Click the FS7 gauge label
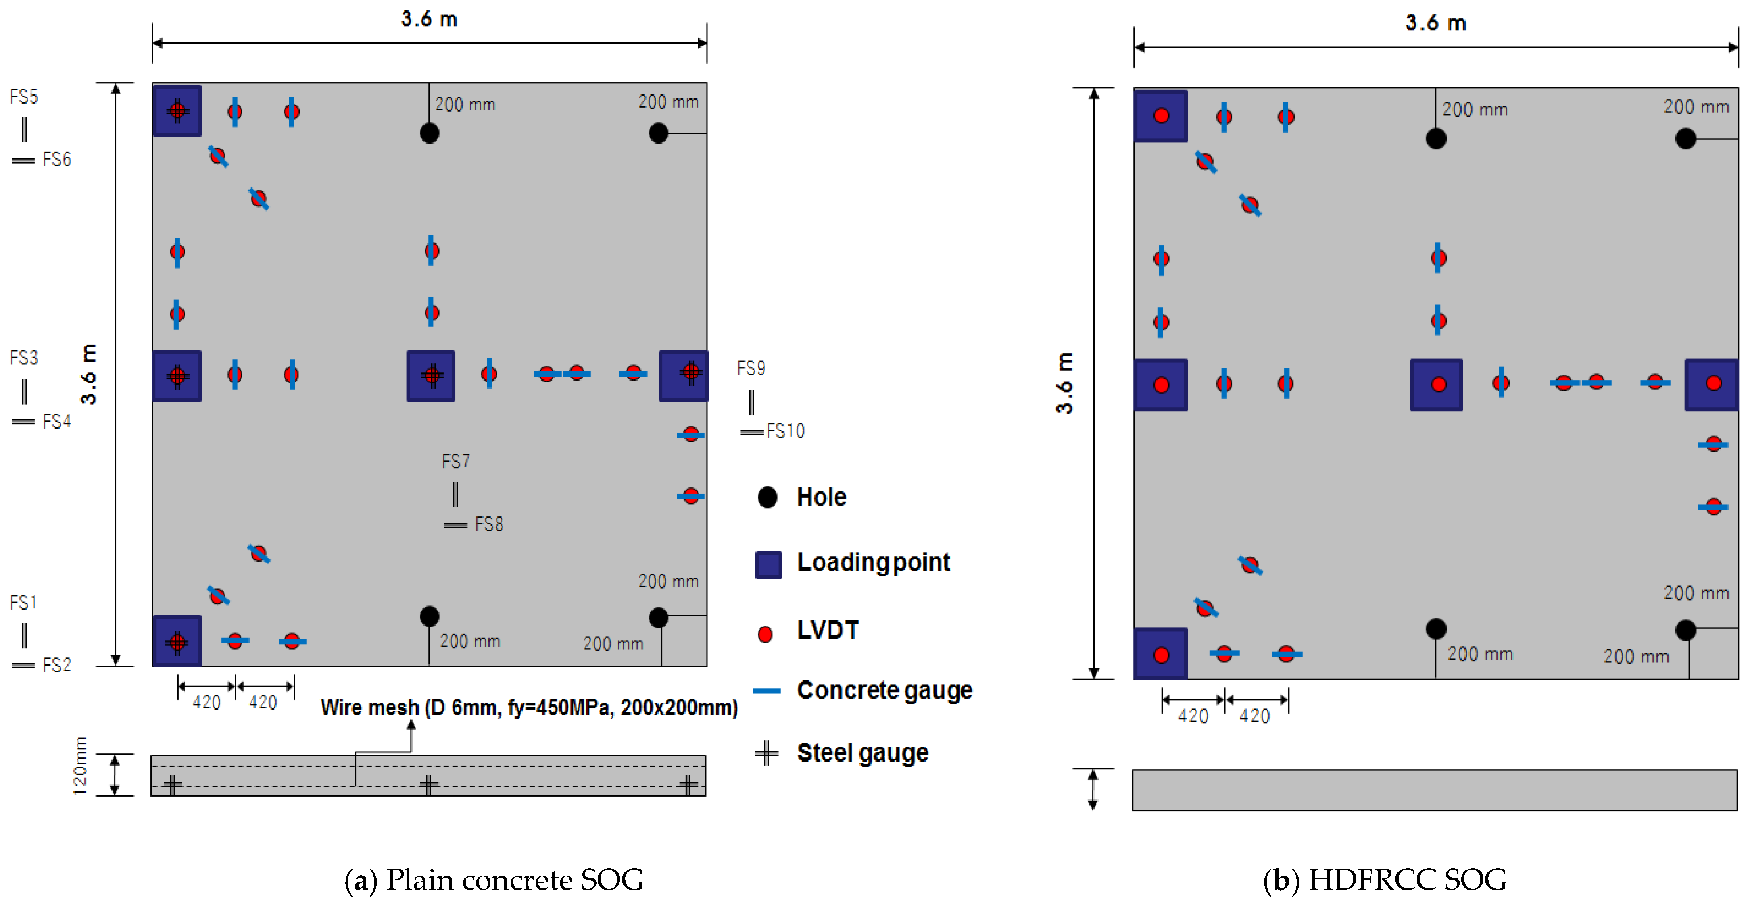(x=455, y=462)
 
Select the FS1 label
(x=23, y=602)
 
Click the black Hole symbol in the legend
(x=767, y=497)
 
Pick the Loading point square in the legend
(x=768, y=564)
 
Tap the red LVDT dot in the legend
(x=765, y=634)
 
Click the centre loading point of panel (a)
(x=431, y=375)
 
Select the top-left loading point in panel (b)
(x=1160, y=115)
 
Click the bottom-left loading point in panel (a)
(x=177, y=640)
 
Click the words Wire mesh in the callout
(x=369, y=707)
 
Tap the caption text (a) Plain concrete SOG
(x=494, y=880)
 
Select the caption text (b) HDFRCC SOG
(x=1385, y=880)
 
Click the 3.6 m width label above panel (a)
(x=429, y=19)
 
